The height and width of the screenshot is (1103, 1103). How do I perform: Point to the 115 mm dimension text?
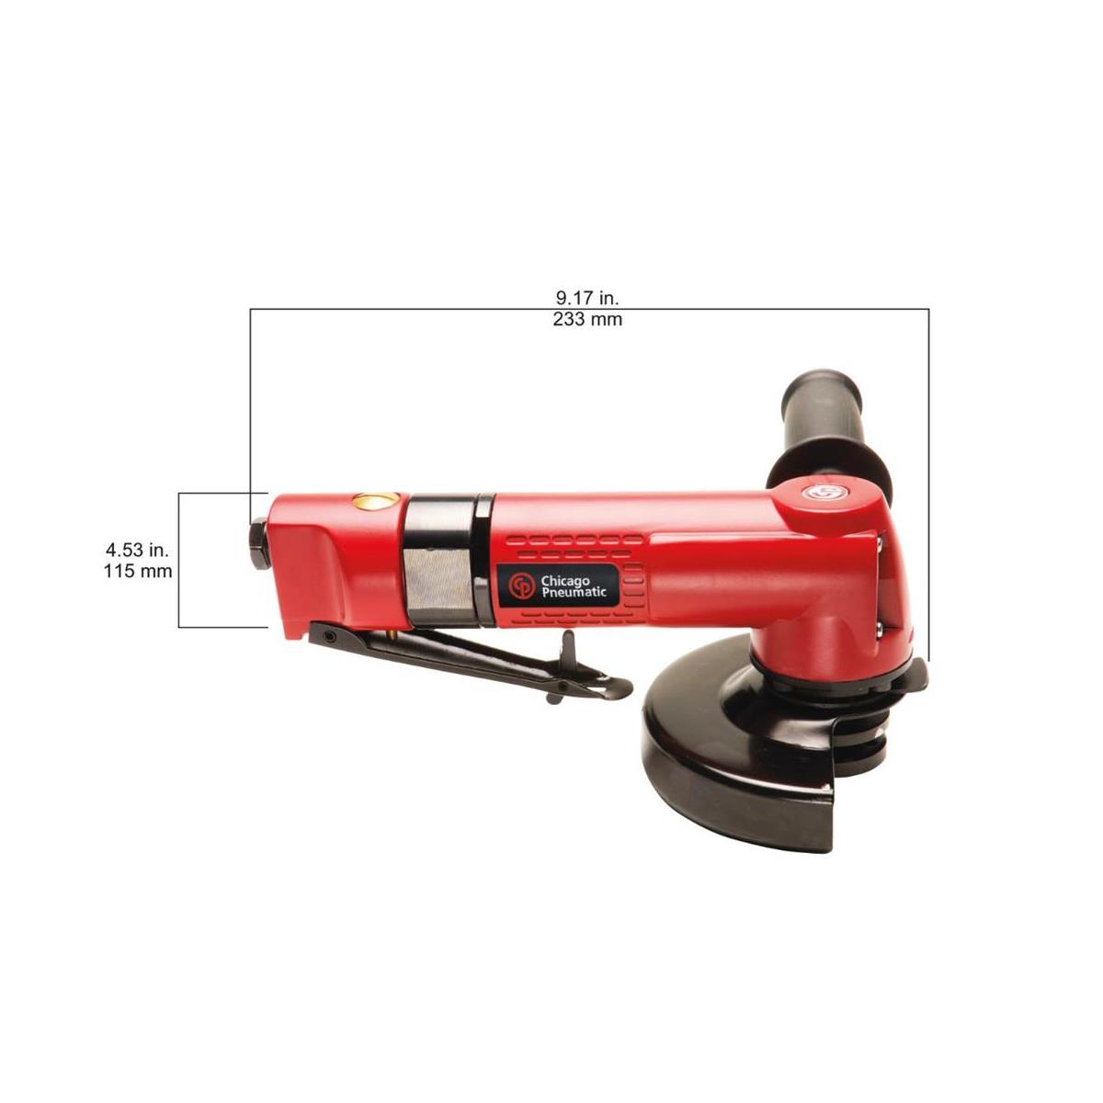tap(139, 571)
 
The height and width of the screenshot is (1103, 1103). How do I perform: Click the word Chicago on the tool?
tap(568, 580)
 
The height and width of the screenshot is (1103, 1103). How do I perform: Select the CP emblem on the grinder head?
tap(816, 494)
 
